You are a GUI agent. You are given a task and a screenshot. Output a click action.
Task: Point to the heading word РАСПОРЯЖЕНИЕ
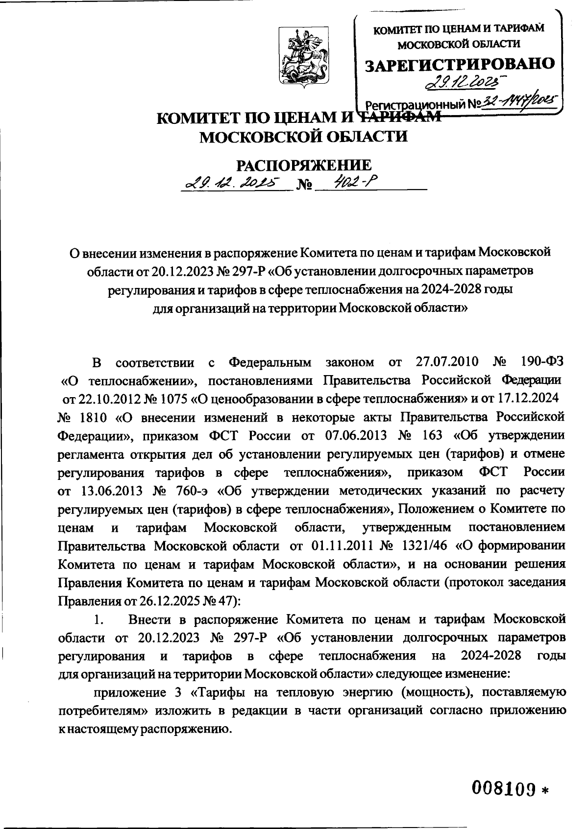click(304, 166)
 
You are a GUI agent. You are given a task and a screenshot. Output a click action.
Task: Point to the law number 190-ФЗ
click(540, 363)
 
